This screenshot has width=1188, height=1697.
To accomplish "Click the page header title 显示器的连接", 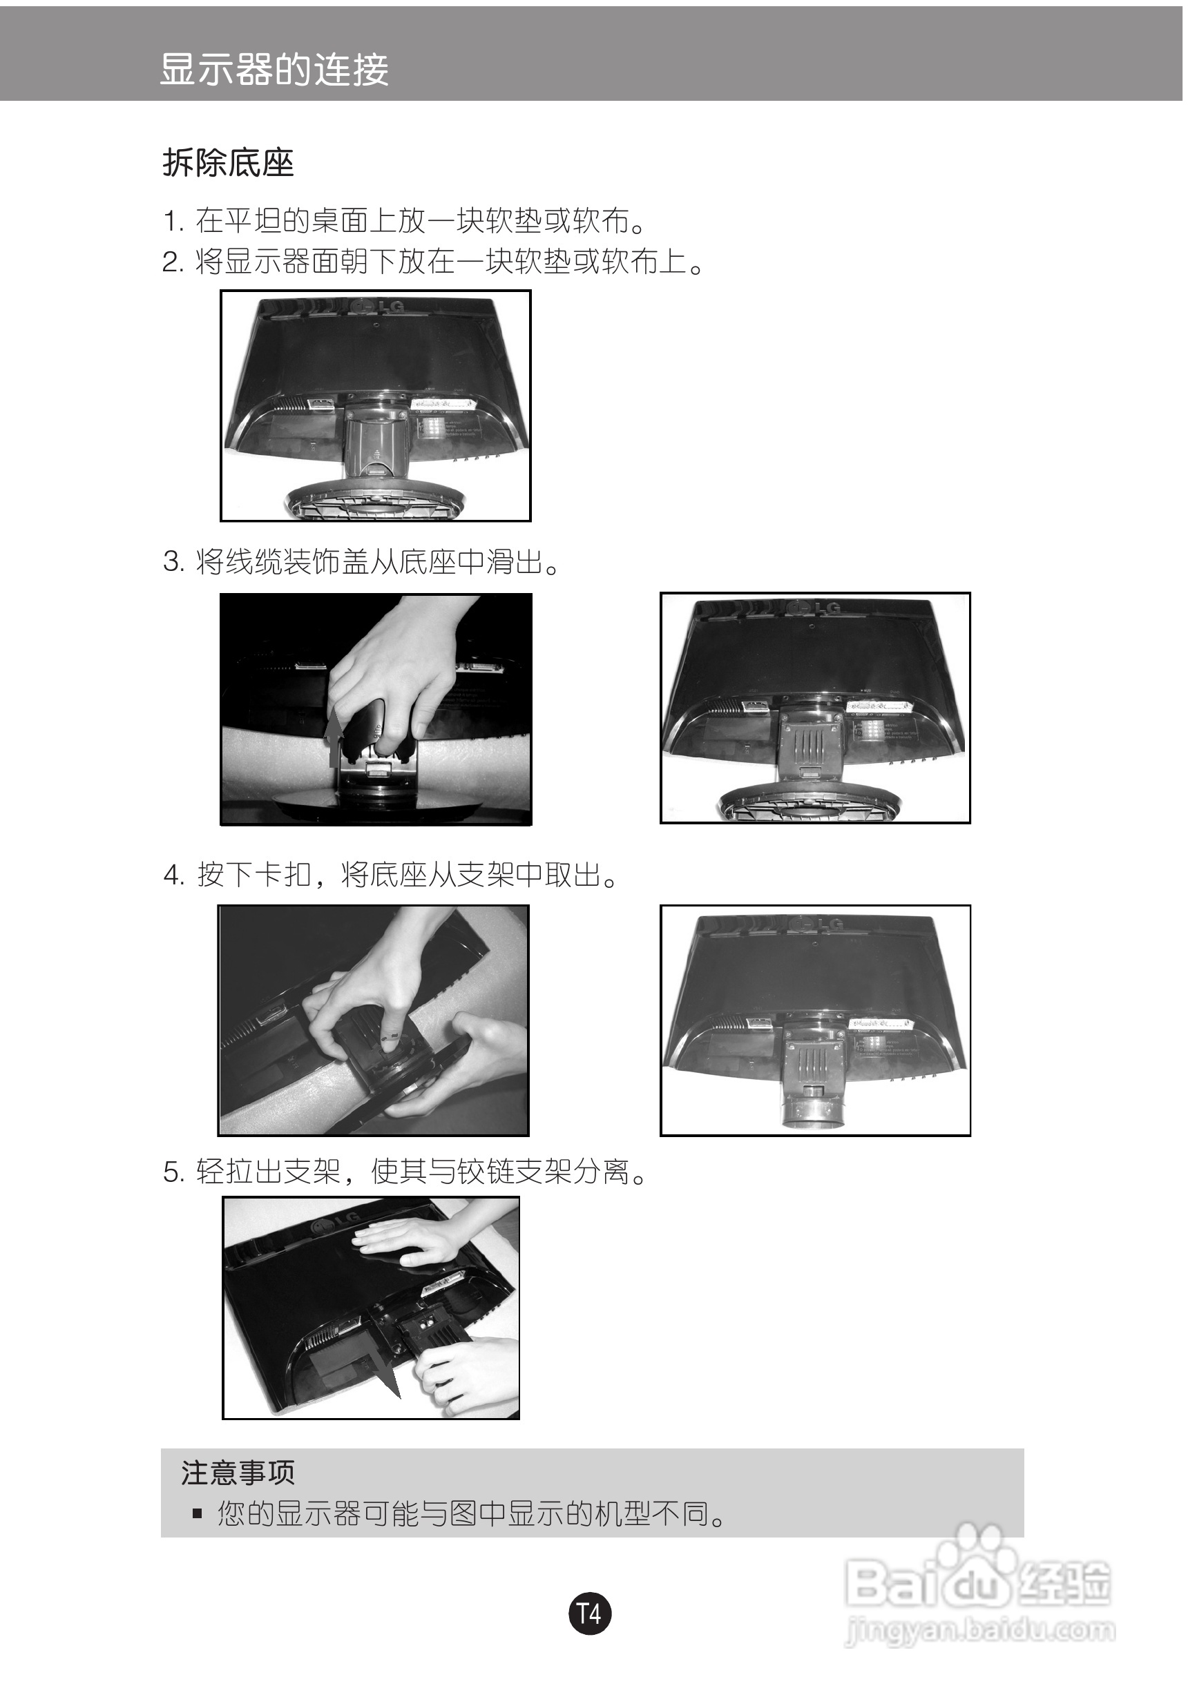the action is pos(274,70).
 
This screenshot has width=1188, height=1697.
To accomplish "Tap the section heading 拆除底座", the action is pos(229,163).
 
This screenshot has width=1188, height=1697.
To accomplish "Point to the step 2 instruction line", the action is pos(433,261).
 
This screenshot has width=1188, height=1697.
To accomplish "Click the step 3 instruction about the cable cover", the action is pos(361,563).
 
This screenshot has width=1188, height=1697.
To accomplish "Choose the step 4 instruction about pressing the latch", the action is pos(390,875).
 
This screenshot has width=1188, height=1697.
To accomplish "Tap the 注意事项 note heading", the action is pos(238,1473).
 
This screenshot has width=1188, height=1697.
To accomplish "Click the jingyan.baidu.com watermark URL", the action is pos(980,1630).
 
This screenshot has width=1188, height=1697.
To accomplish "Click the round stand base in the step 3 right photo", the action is pos(810,804).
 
